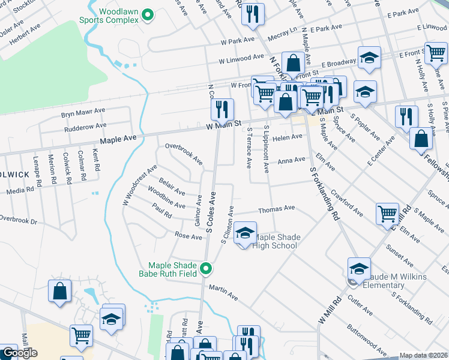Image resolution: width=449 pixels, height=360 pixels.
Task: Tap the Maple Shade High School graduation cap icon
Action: [x=245, y=233]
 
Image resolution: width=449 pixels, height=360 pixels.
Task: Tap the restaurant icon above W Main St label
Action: [x=221, y=109]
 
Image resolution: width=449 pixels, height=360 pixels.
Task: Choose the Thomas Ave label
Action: [x=276, y=209]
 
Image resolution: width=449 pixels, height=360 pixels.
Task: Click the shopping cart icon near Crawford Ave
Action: [x=387, y=213]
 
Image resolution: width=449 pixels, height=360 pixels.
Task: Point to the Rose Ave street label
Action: [x=188, y=236]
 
